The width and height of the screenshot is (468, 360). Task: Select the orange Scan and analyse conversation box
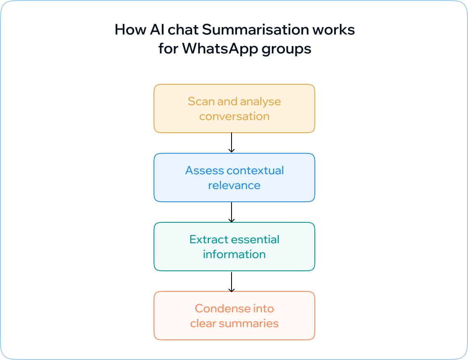[234, 108]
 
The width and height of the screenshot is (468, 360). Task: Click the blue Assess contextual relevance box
[234, 178]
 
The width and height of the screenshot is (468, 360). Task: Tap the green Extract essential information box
[234, 247]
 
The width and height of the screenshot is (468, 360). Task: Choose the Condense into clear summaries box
[234, 316]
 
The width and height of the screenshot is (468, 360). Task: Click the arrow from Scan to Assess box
[232, 143]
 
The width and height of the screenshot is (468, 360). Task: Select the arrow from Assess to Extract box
[232, 212]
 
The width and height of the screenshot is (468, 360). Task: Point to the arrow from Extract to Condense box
[232, 282]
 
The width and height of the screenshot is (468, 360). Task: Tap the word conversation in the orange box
[234, 116]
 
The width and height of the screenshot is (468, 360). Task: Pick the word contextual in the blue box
[255, 171]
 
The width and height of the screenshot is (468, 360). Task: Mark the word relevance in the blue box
[234, 185]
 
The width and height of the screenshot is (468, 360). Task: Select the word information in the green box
[234, 254]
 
